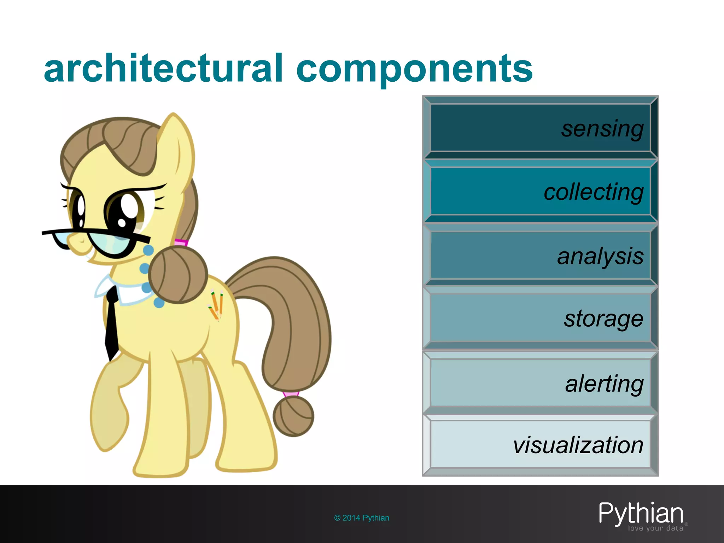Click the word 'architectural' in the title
[163, 69]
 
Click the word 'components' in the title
[414, 69]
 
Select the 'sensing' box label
[602, 129]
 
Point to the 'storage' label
[603, 319]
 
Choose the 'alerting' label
[604, 384]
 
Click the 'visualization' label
[578, 445]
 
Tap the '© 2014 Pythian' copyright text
[362, 518]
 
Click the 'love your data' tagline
[655, 529]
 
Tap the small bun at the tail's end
[293, 416]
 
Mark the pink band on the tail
[291, 393]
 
